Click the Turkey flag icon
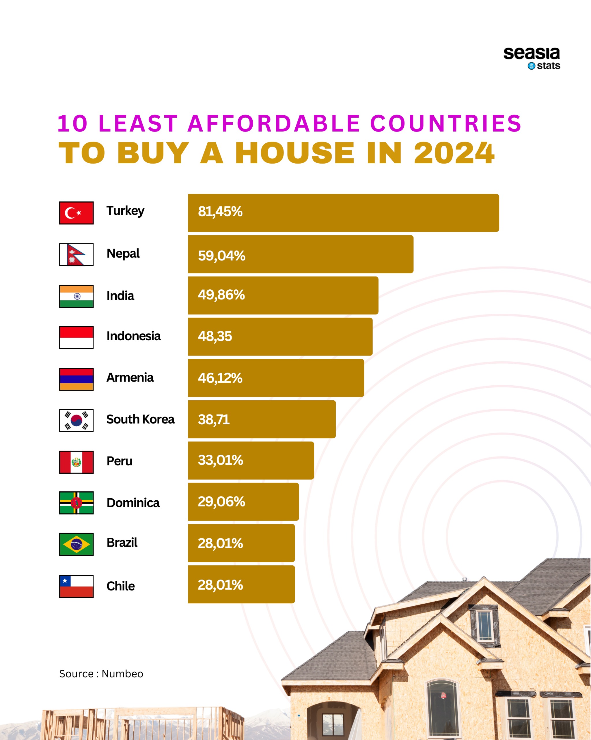pos(76,213)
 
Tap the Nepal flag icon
pos(76,254)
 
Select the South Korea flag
pos(76,420)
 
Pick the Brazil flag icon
pos(76,544)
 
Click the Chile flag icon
pos(76,586)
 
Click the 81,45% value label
pos(220,211)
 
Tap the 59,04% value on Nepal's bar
pos(221,256)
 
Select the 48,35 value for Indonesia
pos(215,336)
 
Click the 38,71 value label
pos(214,419)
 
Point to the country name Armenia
pos(130,377)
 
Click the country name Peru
pos(119,461)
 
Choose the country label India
pos(120,295)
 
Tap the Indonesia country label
pos(133,336)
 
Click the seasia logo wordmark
pos(531,53)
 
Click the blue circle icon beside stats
pos(531,66)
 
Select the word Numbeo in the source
pos(122,674)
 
